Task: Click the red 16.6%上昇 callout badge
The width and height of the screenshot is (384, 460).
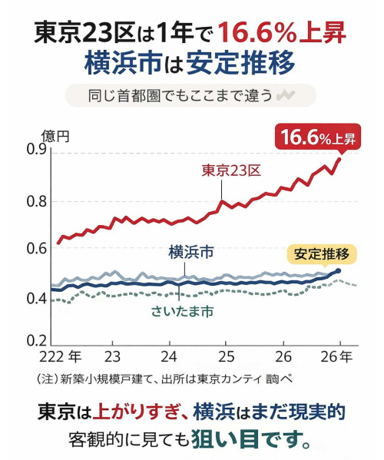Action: [x=317, y=137]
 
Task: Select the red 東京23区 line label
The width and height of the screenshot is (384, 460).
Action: [x=231, y=170]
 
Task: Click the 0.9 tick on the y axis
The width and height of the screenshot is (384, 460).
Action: [x=36, y=149]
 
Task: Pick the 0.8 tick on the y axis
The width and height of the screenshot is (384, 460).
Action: [x=36, y=201]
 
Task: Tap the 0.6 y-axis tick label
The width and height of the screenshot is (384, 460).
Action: [x=36, y=249]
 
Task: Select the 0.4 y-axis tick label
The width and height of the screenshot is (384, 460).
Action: [x=36, y=298]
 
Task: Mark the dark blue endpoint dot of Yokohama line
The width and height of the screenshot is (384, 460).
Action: [x=339, y=271]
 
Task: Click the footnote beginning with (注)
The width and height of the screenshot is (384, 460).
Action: [x=165, y=379]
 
